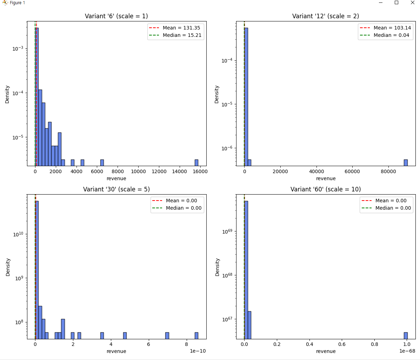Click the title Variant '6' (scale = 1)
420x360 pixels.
tap(116, 16)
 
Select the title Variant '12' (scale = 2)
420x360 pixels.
tap(325, 16)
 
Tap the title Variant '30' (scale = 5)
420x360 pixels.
tap(116, 189)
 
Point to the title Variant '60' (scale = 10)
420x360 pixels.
tap(325, 189)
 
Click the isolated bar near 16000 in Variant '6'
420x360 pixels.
tap(196, 163)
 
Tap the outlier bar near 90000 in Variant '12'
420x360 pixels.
tap(406, 163)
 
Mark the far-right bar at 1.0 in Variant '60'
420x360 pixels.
tap(406, 335)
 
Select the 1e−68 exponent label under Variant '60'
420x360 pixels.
tap(407, 351)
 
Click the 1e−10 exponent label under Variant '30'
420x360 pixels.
tap(198, 351)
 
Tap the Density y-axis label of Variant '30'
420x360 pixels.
tap(8, 267)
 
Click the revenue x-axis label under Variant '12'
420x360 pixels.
tap(326, 178)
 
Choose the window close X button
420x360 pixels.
tap(413, 3)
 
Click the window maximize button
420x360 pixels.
tap(396, 3)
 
